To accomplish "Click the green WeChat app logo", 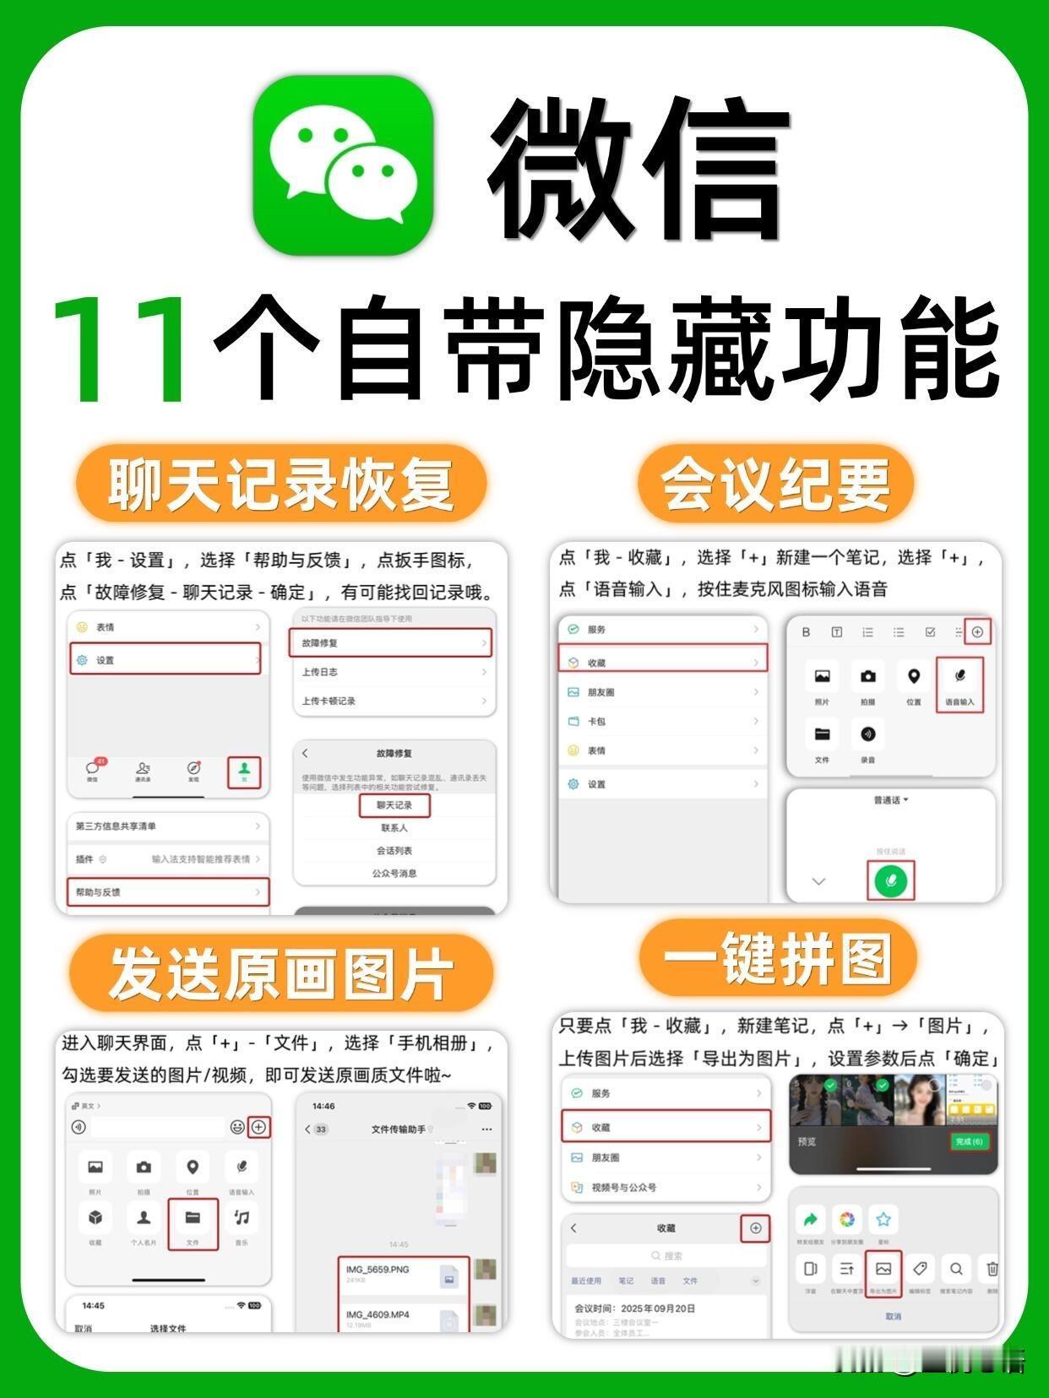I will point(344,165).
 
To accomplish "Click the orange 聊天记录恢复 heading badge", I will point(280,485).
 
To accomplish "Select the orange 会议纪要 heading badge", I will point(775,485).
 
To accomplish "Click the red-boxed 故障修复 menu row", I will point(390,643).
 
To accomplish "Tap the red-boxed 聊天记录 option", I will point(394,805).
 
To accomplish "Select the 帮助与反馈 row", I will point(167,892).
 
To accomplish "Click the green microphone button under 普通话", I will point(890,881).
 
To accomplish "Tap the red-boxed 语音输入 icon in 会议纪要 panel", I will point(959,685).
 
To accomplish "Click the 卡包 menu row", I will point(663,722).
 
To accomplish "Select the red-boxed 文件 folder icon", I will point(193,1223).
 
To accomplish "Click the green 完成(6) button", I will point(969,1141).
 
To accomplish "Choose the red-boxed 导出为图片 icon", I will point(883,1274).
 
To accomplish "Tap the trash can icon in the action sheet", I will point(992,1269).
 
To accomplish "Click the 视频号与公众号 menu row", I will point(666,1187).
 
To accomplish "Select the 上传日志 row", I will point(394,672).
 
